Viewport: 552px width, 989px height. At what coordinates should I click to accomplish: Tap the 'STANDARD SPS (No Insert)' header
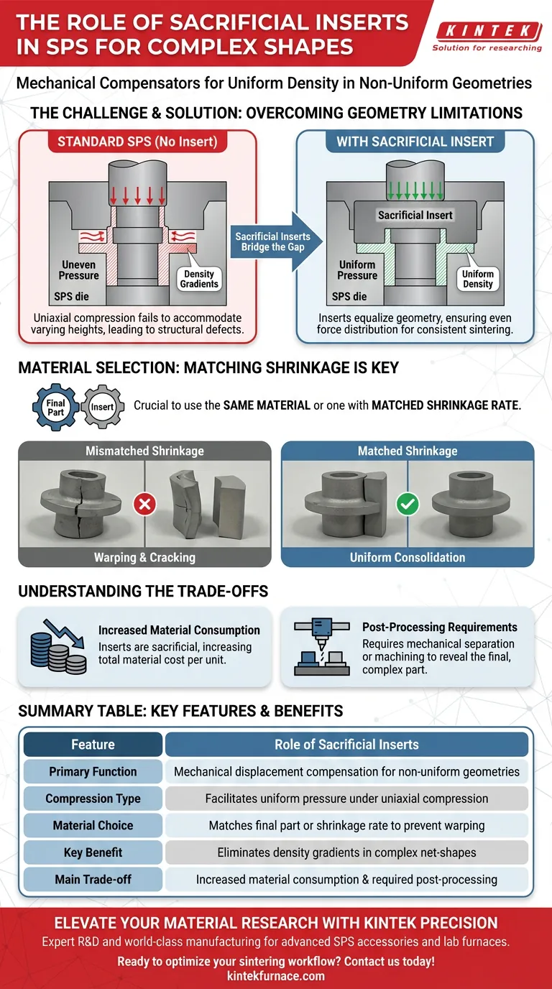click(137, 141)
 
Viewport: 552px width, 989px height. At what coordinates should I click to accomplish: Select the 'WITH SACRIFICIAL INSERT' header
click(415, 141)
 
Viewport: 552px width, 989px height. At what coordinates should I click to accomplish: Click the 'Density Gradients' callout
click(199, 279)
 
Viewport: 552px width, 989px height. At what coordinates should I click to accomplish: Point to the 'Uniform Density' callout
click(478, 279)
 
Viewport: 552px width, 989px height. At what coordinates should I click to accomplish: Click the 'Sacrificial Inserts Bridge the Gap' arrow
click(272, 241)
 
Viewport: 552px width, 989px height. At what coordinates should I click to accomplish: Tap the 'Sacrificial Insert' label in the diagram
click(415, 215)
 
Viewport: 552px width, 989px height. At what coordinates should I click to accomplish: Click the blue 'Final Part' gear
click(56, 408)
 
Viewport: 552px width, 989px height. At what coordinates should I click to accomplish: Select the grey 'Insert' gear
click(101, 407)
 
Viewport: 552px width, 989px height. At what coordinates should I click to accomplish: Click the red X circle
click(145, 504)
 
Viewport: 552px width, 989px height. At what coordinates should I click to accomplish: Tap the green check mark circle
click(407, 504)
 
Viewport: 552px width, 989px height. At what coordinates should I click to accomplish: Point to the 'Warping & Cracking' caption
click(144, 557)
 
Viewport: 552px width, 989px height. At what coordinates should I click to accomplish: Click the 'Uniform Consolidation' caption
click(407, 557)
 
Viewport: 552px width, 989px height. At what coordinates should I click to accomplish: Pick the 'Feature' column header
click(93, 745)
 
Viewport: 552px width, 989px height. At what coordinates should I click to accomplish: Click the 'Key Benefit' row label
click(93, 852)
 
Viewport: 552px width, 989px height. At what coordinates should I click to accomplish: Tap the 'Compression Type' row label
click(93, 799)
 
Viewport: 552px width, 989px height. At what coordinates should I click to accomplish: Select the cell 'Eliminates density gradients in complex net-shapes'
click(346, 852)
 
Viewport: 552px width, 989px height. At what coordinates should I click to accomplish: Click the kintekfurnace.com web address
click(275, 976)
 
